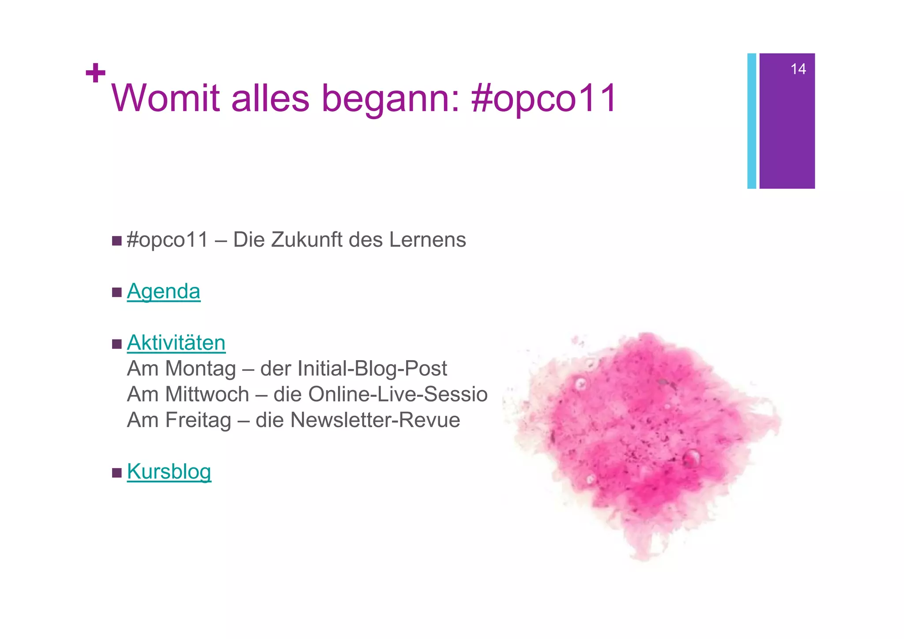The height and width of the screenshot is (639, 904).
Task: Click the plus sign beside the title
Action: pyautogui.click(x=95, y=73)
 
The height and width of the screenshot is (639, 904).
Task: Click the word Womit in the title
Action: pyautogui.click(x=166, y=98)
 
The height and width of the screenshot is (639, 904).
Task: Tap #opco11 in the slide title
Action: pyautogui.click(x=544, y=98)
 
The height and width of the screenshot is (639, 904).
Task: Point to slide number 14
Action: pyautogui.click(x=798, y=69)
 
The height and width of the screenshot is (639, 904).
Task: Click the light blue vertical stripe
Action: pyautogui.click(x=751, y=121)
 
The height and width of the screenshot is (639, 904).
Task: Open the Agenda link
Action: pyautogui.click(x=164, y=292)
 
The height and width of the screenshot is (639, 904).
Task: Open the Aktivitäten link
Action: pyautogui.click(x=176, y=343)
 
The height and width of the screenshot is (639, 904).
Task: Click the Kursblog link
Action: pyautogui.click(x=169, y=471)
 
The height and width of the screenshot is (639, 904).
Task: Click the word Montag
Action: pyautogui.click(x=200, y=368)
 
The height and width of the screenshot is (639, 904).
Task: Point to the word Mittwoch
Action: pyautogui.click(x=207, y=394)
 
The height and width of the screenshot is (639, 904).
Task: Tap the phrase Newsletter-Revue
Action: pyautogui.click(x=375, y=420)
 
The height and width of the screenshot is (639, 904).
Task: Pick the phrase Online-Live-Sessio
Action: pyautogui.click(x=398, y=394)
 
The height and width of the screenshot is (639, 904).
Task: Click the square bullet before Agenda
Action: pyautogui.click(x=117, y=292)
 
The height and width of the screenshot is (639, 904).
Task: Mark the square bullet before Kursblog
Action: pyautogui.click(x=117, y=473)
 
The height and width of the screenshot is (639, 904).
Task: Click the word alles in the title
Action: pyautogui.click(x=270, y=98)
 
